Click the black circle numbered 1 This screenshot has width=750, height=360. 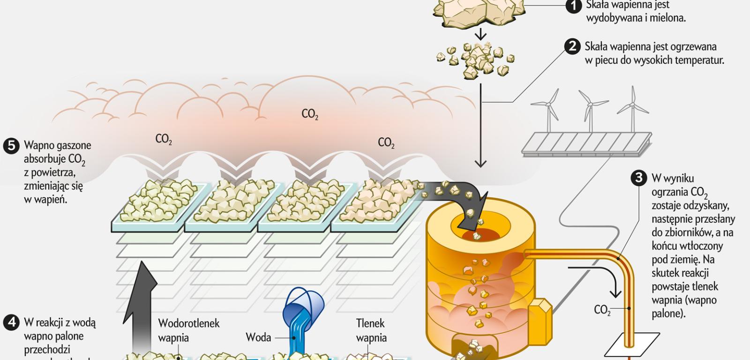(573, 6)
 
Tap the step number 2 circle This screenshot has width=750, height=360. (572, 47)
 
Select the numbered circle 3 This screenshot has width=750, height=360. (638, 179)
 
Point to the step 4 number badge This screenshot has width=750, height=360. (11, 322)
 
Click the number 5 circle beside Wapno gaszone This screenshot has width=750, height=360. (11, 145)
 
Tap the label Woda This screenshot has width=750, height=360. (258, 337)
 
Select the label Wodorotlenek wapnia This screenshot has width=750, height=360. (188, 330)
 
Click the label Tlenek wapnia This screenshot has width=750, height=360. (371, 330)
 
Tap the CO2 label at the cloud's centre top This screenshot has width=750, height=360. (309, 114)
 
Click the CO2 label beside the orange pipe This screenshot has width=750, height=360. (602, 310)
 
